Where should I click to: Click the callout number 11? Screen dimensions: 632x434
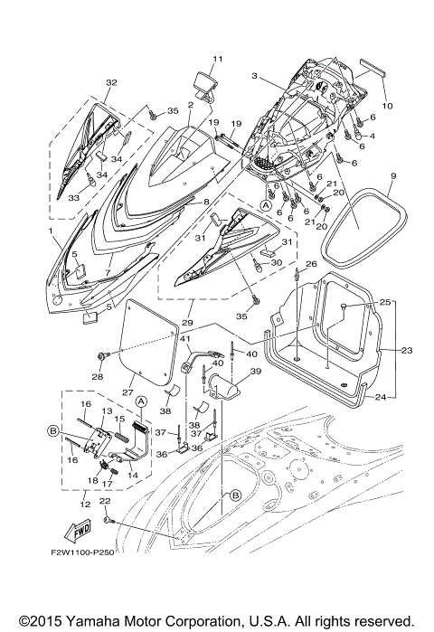217,59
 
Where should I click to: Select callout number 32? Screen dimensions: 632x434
111,82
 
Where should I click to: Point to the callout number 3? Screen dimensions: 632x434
256,76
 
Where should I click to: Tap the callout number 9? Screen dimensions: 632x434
393,174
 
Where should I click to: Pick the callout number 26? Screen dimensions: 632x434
312,264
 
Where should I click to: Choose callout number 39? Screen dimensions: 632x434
254,372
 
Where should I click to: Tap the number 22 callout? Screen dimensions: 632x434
105,501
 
